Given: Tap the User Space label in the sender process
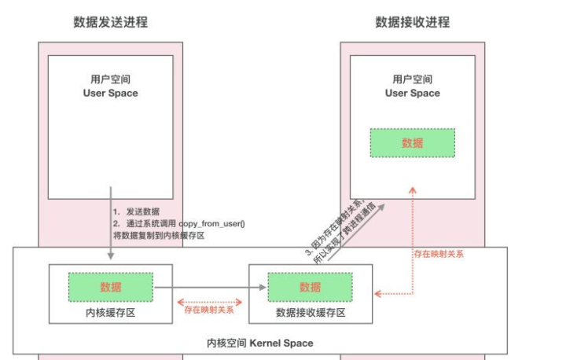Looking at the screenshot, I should [110, 93].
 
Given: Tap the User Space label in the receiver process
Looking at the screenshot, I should [412, 93].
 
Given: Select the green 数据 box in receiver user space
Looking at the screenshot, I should [412, 142].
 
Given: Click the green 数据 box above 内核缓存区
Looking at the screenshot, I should [111, 287].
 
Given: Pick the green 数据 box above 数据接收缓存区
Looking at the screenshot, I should [310, 287].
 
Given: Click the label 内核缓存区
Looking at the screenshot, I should [111, 312].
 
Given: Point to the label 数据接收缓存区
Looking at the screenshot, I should [310, 312].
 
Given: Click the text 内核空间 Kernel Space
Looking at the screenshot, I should [259, 343].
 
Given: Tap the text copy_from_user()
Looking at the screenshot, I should [212, 223].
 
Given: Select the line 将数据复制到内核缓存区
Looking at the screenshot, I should [159, 235].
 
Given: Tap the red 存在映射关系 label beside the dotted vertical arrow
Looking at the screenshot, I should [439, 253].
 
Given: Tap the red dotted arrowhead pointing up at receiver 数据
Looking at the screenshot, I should [412, 189].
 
